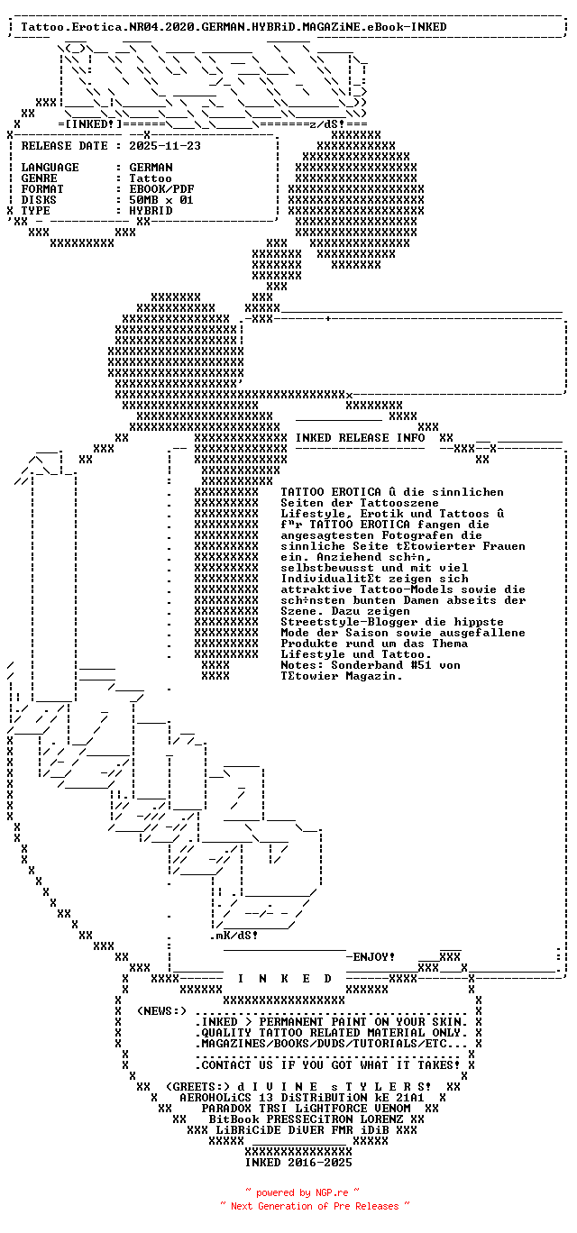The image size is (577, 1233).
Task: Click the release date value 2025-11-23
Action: [165, 146]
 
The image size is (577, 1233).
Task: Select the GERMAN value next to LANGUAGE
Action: [151, 168]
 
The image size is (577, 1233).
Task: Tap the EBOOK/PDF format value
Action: [161, 189]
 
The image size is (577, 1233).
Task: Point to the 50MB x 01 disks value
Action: [161, 200]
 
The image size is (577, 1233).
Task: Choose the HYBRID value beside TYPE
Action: [151, 211]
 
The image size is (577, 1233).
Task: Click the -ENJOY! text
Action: [371, 956]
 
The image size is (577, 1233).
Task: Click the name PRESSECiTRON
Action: [309, 1119]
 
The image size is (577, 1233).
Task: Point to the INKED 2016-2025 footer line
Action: [298, 1163]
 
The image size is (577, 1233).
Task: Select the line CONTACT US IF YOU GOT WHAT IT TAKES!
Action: [331, 1064]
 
